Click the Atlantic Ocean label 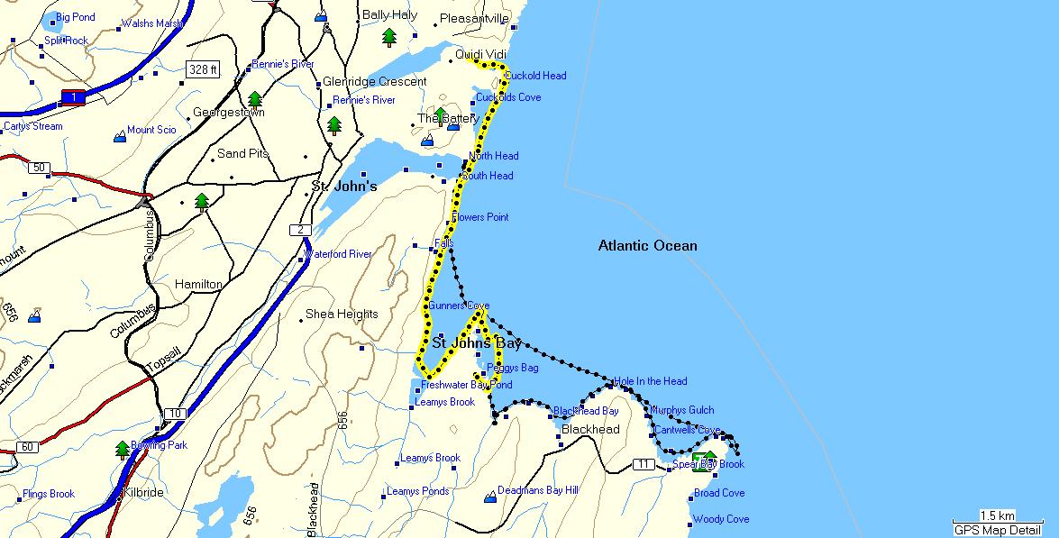coord(647,245)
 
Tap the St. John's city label coord(343,187)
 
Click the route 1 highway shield coord(70,96)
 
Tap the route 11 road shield coord(643,464)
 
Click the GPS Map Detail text coord(999,530)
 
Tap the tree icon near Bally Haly coord(388,37)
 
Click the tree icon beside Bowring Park coord(122,449)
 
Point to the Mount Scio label coord(151,130)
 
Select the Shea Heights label coord(342,314)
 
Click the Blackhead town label coord(589,430)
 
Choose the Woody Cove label coord(720,519)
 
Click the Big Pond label coord(75,17)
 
